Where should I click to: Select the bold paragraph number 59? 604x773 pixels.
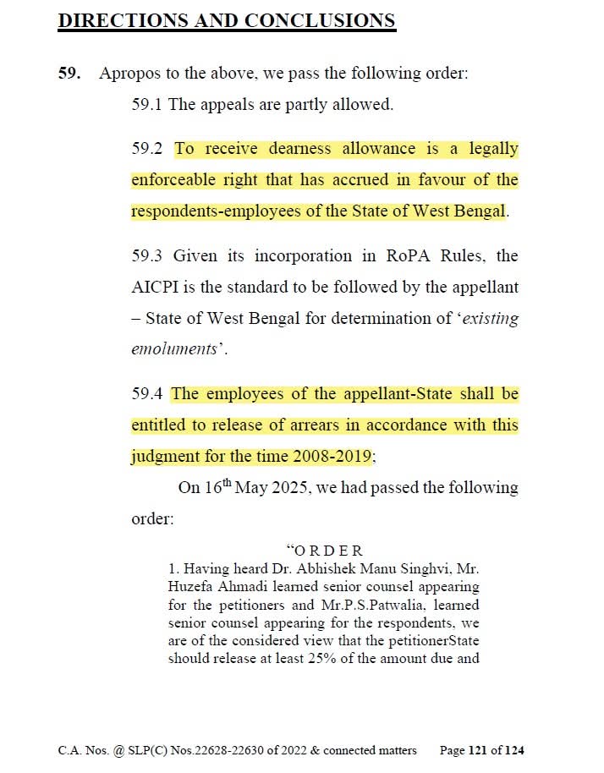point(69,73)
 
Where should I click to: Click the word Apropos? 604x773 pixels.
point(128,73)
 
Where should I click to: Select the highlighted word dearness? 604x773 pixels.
point(299,149)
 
